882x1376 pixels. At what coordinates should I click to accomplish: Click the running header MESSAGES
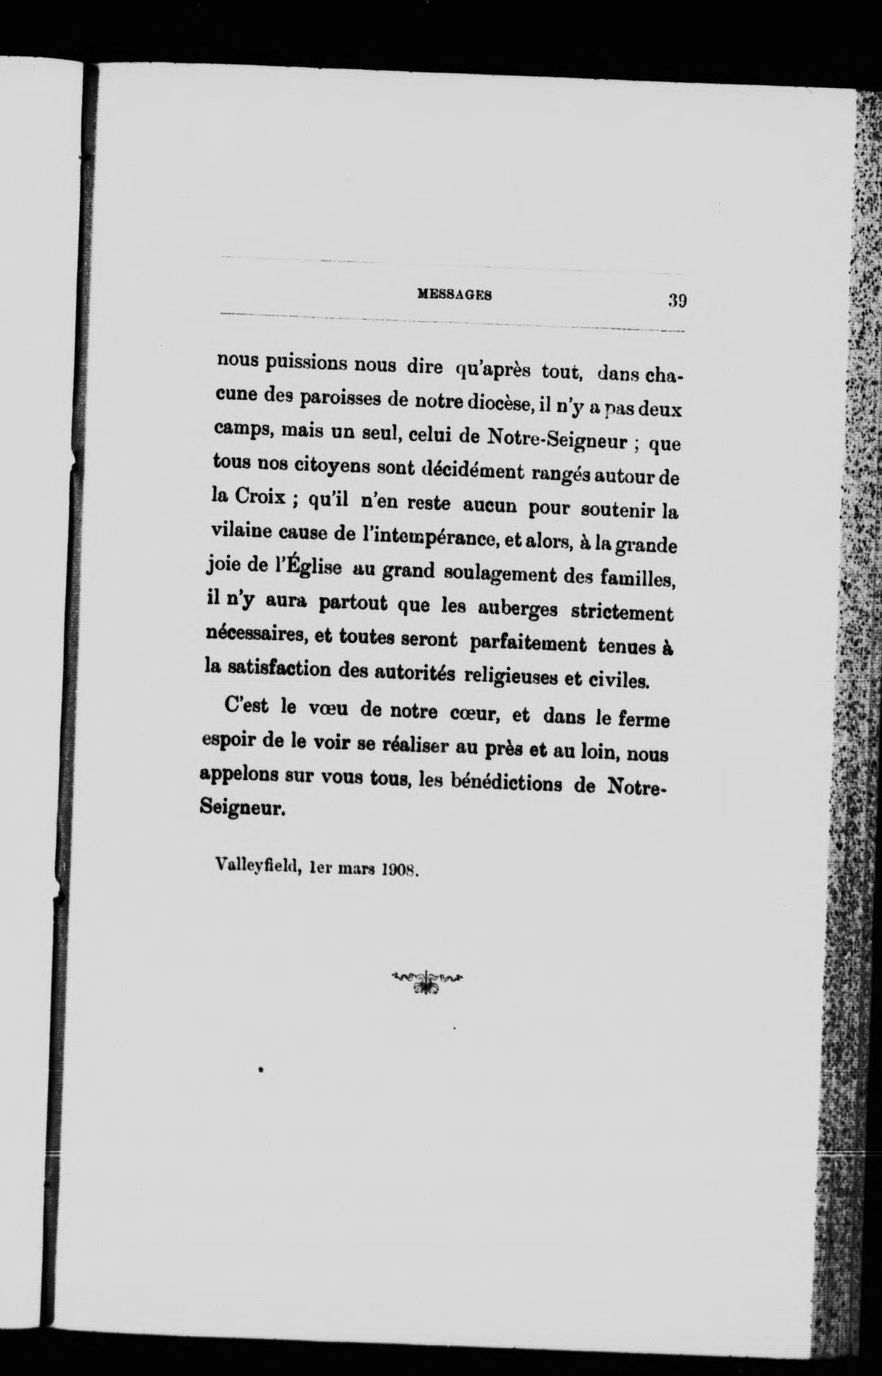456,295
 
